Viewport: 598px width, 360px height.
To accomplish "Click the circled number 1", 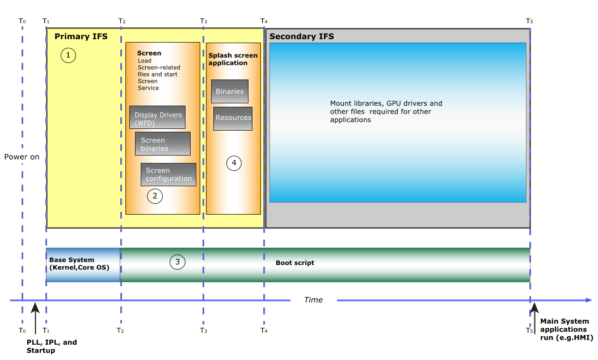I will (68, 55).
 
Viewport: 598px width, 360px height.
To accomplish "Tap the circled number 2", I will (154, 196).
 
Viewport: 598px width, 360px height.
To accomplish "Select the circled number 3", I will (178, 262).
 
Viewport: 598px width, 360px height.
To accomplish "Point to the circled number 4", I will (234, 164).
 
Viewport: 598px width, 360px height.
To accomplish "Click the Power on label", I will (22, 157).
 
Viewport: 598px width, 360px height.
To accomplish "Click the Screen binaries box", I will (162, 144).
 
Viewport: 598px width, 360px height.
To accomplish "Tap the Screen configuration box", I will (169, 174).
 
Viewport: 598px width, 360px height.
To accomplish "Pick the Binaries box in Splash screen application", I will (230, 91).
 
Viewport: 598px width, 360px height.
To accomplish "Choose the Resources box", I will (233, 118).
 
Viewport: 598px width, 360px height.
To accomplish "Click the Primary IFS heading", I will (81, 37).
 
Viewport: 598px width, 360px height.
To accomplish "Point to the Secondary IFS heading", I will (302, 37).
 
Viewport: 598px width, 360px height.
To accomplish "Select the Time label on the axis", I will (313, 300).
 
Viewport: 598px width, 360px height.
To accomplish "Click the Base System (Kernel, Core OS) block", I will (83, 264).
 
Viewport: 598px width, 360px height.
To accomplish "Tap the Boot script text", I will (295, 263).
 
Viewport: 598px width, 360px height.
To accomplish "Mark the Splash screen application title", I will (233, 59).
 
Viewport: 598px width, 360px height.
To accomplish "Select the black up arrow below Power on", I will (35, 318).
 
